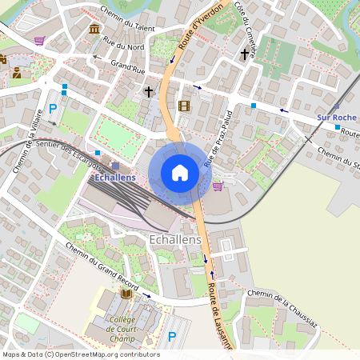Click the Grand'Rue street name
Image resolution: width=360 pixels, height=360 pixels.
click(x=127, y=66)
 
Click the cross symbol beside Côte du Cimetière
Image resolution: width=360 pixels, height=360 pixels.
click(x=245, y=54)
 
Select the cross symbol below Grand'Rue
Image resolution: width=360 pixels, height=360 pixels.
click(x=148, y=91)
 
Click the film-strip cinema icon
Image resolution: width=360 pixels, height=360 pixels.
click(x=185, y=106)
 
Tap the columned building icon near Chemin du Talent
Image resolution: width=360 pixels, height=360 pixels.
click(x=95, y=30)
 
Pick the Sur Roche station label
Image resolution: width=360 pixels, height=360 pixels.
click(x=337, y=118)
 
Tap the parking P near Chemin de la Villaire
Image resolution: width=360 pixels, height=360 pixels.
click(x=54, y=108)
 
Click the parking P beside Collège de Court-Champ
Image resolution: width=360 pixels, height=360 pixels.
click(x=172, y=336)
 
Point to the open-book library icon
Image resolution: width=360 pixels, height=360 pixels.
click(x=126, y=294)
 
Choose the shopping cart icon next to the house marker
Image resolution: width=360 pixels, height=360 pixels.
click(x=218, y=186)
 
